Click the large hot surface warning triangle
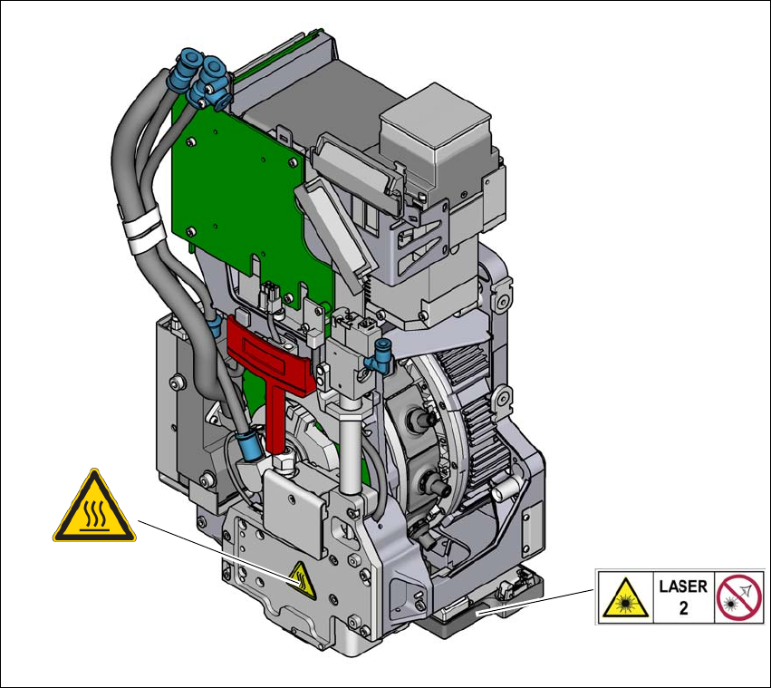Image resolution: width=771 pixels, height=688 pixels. coord(94,507)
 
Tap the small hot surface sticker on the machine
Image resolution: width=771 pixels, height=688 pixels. coord(302,580)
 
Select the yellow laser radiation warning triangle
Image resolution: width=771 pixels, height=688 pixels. coord(625,599)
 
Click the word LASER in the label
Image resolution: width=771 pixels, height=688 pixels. coord(683,586)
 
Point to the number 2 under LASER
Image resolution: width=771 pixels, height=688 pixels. coord(683,608)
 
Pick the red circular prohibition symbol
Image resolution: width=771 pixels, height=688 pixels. coord(739,597)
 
